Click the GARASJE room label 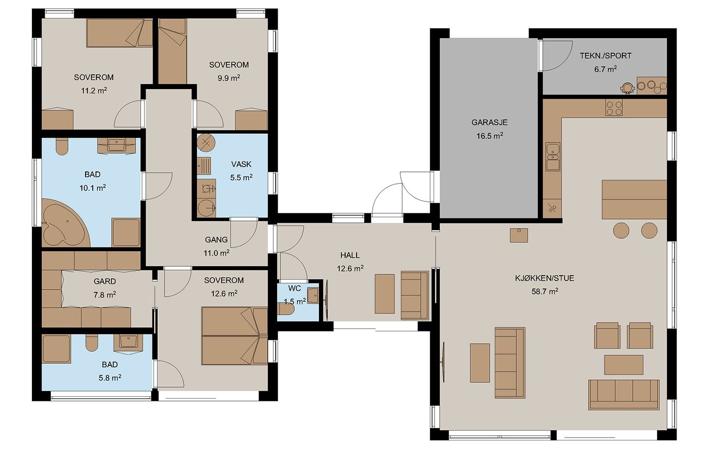coord(490,122)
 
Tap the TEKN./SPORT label coord(606,56)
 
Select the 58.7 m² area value coord(545,291)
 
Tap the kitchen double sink coord(553,157)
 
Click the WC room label coord(294,288)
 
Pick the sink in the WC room coord(313,296)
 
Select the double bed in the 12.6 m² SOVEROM coord(235,336)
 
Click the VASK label coord(241,164)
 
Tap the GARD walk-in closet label coord(105,281)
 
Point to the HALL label coord(350,255)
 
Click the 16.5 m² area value coord(490,136)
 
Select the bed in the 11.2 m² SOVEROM coord(119,33)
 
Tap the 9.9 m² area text coord(229,78)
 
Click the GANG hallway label coord(216,240)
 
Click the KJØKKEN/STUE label coord(545,278)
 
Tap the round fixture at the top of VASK coord(206,143)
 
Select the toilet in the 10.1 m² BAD coord(62,147)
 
